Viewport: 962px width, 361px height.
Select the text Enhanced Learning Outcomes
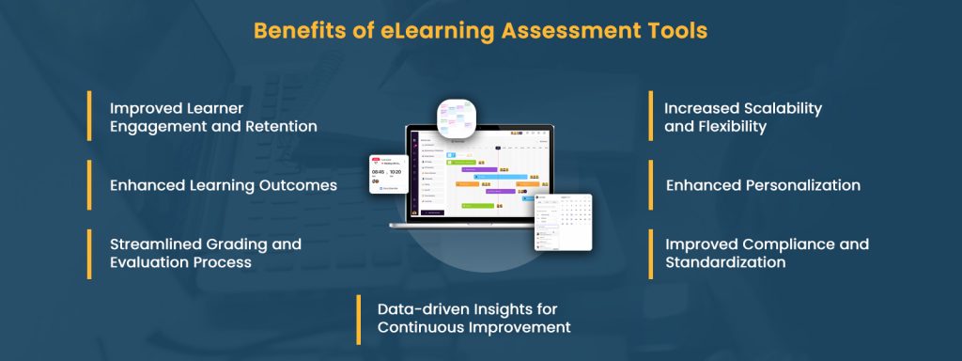point(224,185)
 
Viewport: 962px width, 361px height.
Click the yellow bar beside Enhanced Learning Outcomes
point(89,184)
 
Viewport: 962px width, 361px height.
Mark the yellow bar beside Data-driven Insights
point(358,319)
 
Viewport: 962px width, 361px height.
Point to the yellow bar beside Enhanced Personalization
point(650,184)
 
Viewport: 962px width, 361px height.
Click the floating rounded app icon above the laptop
point(457,118)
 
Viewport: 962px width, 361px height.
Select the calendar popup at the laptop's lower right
point(563,223)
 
